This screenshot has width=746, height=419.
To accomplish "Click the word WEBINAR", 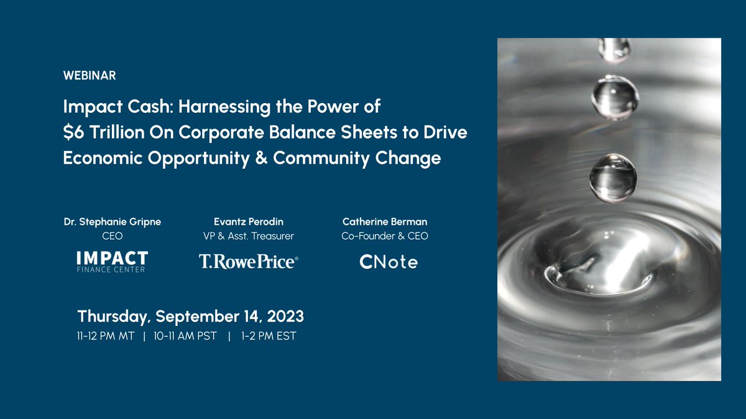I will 90,76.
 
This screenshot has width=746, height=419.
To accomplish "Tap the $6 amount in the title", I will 73,132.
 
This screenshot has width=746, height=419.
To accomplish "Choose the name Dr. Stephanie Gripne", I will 112,222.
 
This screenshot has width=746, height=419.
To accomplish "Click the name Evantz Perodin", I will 248,222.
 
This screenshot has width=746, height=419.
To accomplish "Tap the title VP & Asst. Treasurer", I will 248,236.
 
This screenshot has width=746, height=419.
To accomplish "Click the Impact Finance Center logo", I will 112,262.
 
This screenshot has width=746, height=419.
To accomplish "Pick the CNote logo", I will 389,262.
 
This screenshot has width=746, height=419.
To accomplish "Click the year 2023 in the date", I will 283,316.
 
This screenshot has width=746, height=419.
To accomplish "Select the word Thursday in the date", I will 112,317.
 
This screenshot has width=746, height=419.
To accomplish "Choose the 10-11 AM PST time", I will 185,337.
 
